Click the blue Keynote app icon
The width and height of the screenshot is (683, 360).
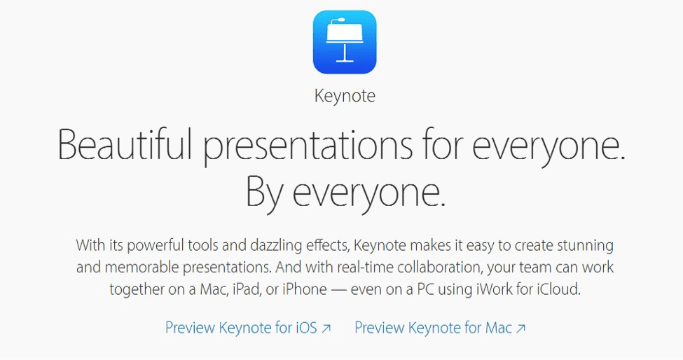344,41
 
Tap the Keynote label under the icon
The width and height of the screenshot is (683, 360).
344,96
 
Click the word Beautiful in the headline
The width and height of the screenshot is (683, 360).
125,145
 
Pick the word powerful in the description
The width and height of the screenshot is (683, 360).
153,246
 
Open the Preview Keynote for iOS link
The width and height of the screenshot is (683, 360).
241,328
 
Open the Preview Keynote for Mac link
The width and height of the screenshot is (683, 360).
433,328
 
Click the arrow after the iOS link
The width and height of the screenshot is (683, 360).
326,328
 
